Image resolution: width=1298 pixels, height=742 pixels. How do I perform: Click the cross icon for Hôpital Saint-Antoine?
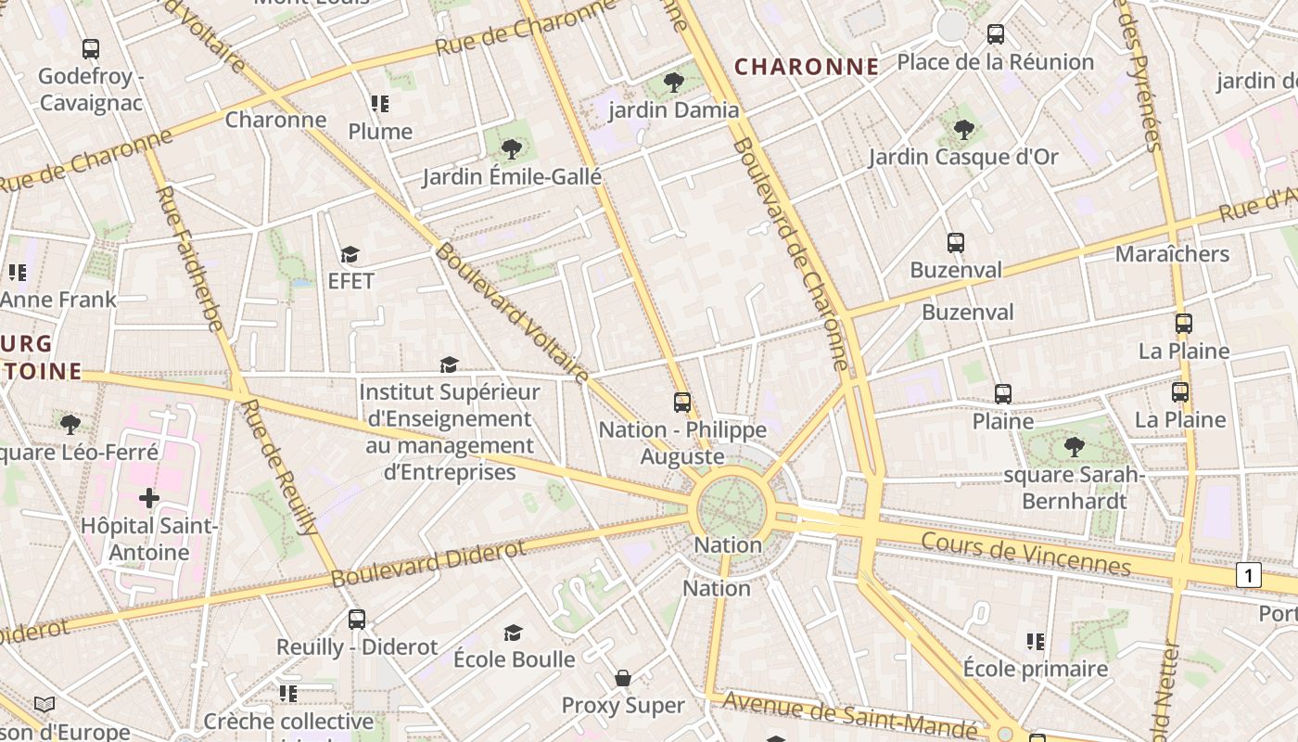click(x=149, y=499)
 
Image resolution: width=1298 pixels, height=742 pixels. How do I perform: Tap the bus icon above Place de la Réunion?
click(x=996, y=34)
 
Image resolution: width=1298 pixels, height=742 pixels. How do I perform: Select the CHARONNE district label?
click(x=807, y=67)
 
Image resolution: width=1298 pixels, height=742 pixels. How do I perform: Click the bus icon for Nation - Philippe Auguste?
click(x=682, y=402)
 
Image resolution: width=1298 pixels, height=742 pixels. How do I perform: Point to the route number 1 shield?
click(x=1249, y=575)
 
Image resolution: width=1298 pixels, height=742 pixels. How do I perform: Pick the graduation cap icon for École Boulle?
click(x=513, y=633)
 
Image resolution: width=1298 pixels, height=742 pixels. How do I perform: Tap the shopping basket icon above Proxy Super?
click(x=623, y=678)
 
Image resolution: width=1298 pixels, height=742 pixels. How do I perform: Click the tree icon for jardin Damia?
click(x=674, y=83)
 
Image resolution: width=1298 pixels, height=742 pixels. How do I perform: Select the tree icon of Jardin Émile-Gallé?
click(x=511, y=148)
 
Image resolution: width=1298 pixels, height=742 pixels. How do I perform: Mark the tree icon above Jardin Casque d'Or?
click(x=963, y=129)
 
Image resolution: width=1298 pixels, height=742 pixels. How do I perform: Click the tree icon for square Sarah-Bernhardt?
click(x=1075, y=447)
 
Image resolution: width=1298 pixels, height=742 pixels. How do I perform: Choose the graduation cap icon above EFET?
click(x=350, y=254)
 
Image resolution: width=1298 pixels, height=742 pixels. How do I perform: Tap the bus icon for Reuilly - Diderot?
click(x=357, y=619)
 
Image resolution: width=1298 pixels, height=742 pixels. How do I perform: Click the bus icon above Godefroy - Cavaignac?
click(x=91, y=48)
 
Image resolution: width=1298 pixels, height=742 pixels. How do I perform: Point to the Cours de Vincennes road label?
click(x=1026, y=553)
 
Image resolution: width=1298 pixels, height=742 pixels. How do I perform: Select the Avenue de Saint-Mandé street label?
click(x=849, y=714)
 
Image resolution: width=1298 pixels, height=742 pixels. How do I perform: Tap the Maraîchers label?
click(x=1172, y=254)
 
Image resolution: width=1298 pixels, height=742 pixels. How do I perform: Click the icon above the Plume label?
click(x=380, y=104)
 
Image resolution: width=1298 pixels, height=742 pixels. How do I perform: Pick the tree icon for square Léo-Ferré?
click(x=70, y=425)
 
